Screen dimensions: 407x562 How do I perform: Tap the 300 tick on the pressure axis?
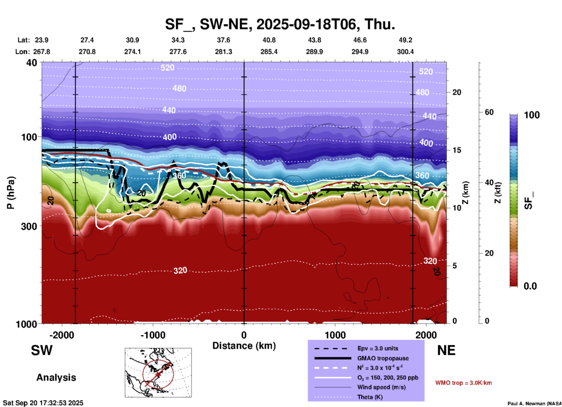(x=29, y=226)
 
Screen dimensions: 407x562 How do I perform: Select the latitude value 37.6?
(x=223, y=40)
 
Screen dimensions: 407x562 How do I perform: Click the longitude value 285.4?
(x=269, y=52)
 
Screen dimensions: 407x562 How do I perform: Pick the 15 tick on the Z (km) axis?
(x=456, y=150)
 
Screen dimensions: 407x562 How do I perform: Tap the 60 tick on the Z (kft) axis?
(x=489, y=112)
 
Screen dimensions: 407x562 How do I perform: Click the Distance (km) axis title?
(x=244, y=346)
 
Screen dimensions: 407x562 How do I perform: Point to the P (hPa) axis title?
(x=11, y=192)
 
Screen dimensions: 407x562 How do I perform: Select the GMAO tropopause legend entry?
(x=383, y=358)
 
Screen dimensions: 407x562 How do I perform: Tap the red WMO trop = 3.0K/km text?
(x=463, y=383)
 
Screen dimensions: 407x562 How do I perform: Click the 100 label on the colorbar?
(x=532, y=115)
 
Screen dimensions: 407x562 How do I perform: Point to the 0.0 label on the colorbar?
(x=530, y=286)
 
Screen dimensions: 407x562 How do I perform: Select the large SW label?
(x=42, y=350)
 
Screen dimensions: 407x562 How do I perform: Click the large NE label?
(x=446, y=350)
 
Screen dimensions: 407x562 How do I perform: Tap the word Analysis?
(x=56, y=378)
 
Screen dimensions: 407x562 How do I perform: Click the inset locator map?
(x=158, y=373)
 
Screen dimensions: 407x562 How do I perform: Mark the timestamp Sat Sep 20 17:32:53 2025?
(x=43, y=403)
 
